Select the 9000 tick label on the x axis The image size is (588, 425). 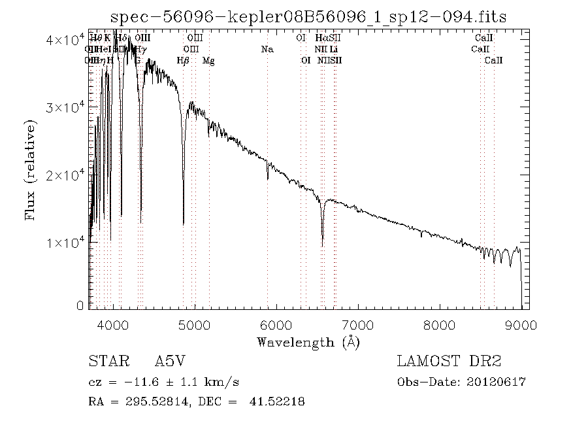(521, 324)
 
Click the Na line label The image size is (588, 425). (267, 49)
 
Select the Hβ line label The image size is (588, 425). (184, 60)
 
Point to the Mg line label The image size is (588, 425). (208, 60)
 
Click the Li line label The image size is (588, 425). (333, 49)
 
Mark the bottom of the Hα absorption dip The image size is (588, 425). (322, 245)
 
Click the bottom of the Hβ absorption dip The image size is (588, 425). (183, 224)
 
